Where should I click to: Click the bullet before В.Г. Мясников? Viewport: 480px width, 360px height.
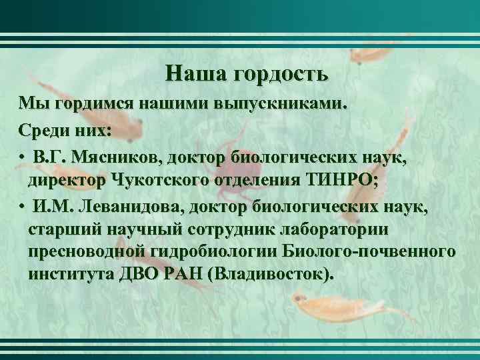click(x=23, y=158)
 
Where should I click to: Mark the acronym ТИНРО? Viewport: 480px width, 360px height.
click(x=342, y=181)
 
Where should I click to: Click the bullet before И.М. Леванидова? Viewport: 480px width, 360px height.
click(x=23, y=206)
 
